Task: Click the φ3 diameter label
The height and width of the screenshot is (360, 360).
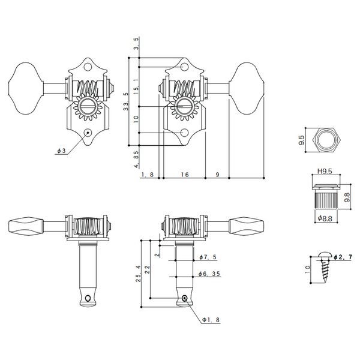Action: (62, 152)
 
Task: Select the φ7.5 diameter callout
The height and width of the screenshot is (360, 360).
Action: (205, 257)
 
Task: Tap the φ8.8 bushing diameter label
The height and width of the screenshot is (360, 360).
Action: (326, 218)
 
